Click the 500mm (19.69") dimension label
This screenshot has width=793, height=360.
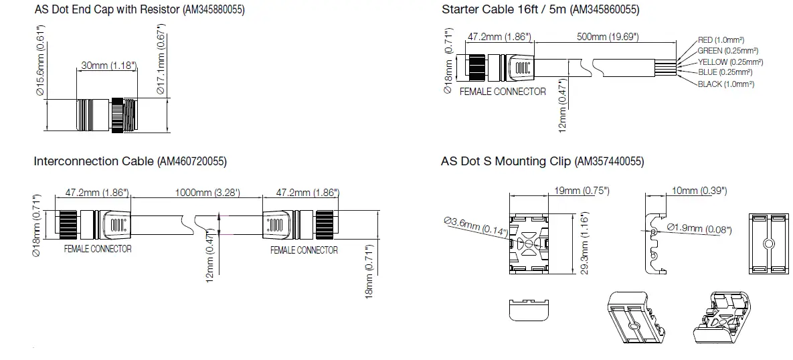(607, 37)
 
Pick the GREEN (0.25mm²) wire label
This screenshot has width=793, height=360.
(727, 51)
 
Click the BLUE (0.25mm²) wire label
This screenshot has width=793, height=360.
(725, 72)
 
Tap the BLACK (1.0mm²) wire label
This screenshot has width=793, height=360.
(726, 84)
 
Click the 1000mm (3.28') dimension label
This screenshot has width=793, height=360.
(207, 193)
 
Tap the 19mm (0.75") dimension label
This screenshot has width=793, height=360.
(582, 191)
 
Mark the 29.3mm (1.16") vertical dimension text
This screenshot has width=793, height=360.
(583, 246)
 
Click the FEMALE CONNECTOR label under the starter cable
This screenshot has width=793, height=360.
(503, 91)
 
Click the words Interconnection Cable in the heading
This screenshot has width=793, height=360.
(94, 161)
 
